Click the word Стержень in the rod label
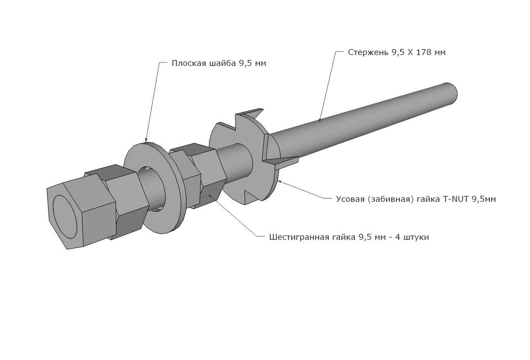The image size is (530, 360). (365, 52)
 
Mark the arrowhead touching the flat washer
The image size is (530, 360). (146, 139)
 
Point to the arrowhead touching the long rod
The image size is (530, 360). (320, 121)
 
